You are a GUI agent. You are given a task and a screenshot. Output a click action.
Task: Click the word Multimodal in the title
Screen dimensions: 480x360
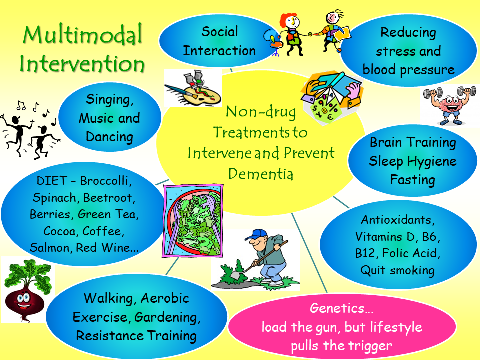tap(82, 34)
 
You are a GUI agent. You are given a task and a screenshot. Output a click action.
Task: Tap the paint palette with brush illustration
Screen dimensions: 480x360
tap(193, 88)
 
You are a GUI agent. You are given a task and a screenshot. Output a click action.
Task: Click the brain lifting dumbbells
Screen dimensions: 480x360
tap(449, 105)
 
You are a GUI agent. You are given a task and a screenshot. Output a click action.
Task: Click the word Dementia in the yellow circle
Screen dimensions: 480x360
tap(261, 174)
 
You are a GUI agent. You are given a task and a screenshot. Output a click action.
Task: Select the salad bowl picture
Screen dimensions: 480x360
tap(193, 220)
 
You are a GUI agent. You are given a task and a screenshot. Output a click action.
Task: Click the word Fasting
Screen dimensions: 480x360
tap(412, 180)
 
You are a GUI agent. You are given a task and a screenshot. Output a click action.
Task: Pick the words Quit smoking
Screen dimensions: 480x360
tap(397, 270)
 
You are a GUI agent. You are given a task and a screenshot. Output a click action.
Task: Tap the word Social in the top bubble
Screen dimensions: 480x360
tap(220, 32)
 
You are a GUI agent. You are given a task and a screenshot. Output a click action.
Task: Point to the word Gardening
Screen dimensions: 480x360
tap(167, 317)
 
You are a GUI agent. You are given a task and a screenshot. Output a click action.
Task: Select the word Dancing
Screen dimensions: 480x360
tap(109, 137)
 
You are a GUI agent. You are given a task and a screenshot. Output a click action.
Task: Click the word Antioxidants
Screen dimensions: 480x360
tap(397, 220)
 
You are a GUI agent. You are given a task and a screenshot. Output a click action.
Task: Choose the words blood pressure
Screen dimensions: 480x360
tap(408, 70)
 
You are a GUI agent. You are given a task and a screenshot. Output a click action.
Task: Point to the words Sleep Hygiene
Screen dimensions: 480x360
tap(412, 161)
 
